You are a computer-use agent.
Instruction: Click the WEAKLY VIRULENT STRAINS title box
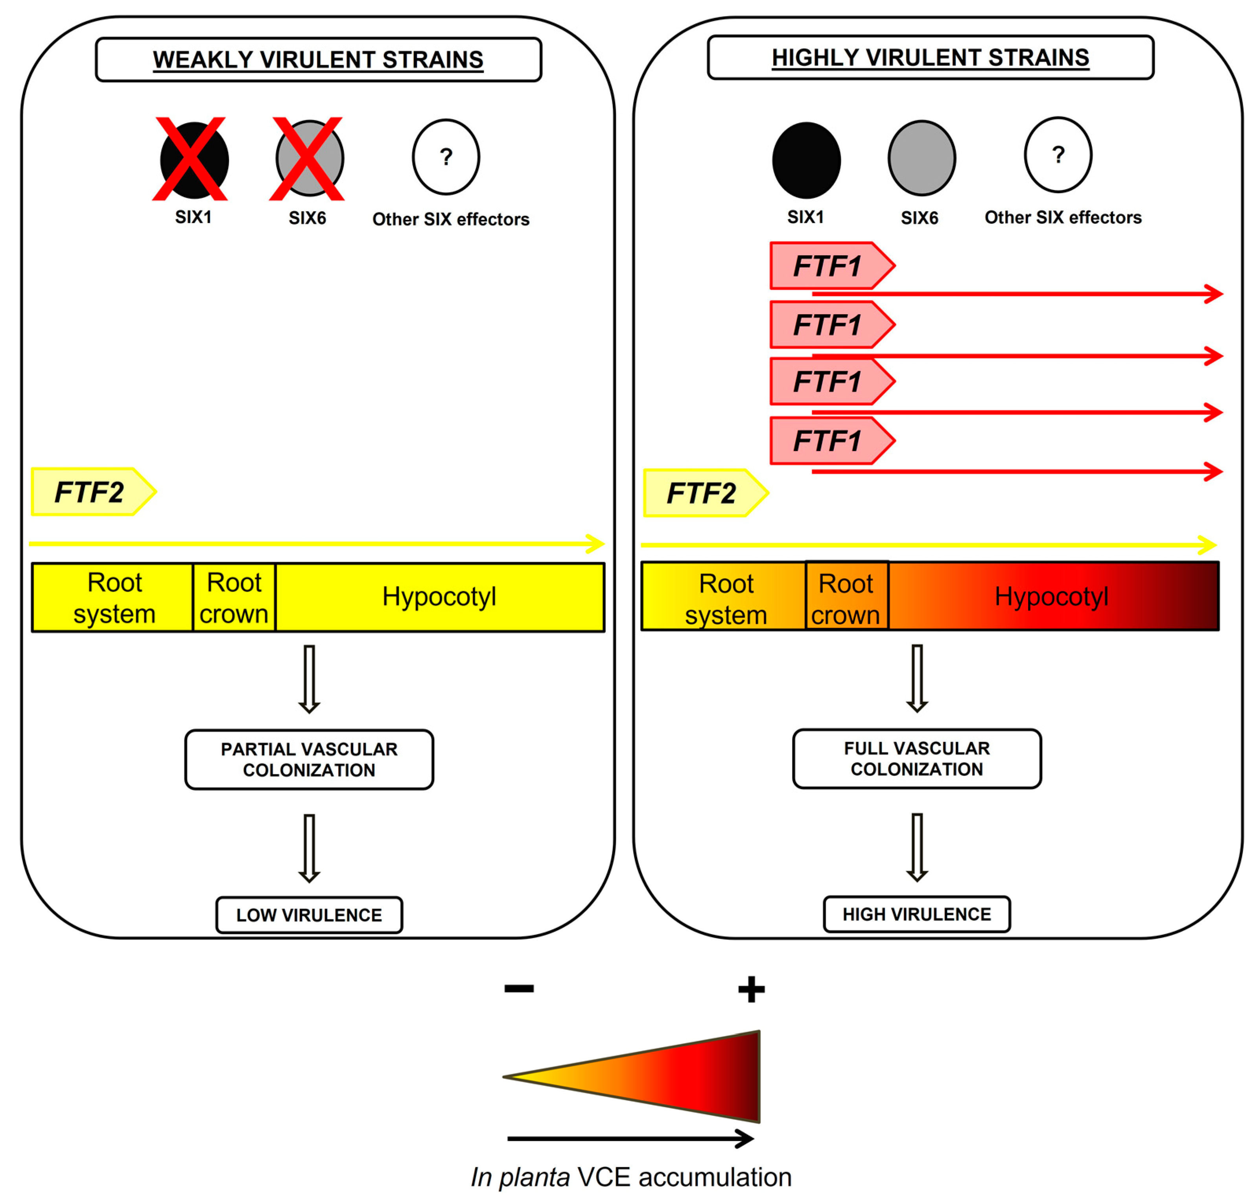318,59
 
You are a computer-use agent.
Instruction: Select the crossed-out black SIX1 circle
194,159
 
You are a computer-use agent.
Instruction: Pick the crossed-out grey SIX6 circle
309,158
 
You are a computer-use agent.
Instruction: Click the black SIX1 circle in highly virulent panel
806,160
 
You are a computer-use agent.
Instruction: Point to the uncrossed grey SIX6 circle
921,158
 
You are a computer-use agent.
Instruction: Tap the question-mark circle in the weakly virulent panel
446,157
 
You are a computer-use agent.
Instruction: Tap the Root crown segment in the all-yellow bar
234,597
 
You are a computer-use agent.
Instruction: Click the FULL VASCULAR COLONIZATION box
917,759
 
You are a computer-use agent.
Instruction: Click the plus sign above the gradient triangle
751,990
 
